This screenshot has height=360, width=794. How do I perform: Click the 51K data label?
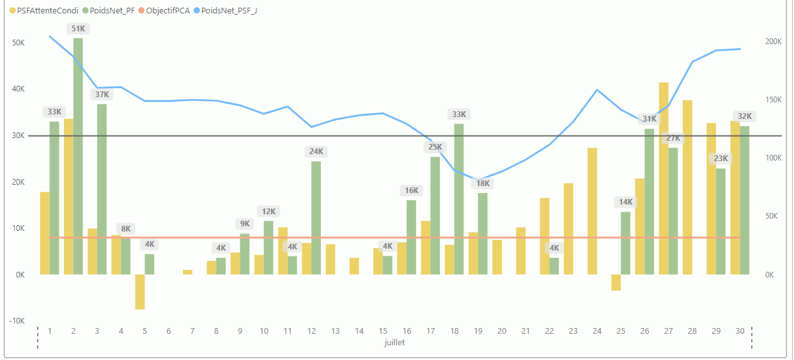(78, 29)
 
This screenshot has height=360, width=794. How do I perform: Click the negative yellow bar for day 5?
(140, 292)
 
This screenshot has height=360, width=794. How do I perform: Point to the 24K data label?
(316, 152)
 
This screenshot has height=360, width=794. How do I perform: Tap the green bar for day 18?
(459, 199)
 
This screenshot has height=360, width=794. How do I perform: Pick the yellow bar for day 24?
(593, 211)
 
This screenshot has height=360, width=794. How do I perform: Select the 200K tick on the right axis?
(774, 42)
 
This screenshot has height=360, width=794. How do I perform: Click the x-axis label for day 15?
(383, 331)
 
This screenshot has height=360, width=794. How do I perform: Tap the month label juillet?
(394, 342)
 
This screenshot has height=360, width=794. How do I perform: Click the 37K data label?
(102, 95)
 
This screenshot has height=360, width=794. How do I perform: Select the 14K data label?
(625, 202)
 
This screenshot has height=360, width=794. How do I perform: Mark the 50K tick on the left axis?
(18, 43)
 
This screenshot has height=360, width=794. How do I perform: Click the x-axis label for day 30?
(740, 331)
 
